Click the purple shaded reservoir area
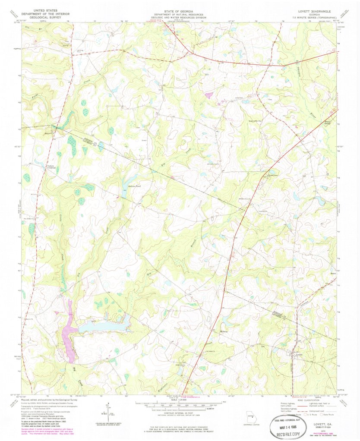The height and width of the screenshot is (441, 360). (x=68, y=331)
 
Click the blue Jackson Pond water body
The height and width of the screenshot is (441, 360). (x=126, y=188)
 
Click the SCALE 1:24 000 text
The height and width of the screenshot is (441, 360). (x=179, y=401)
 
